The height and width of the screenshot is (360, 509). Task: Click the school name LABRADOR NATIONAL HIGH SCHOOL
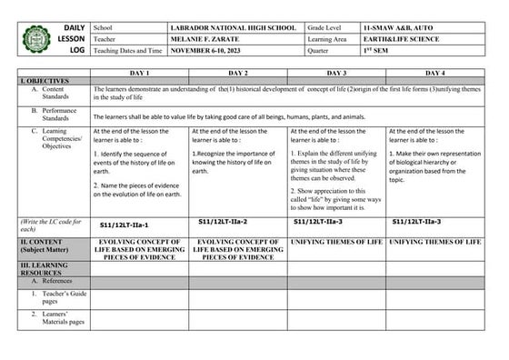click(x=233, y=28)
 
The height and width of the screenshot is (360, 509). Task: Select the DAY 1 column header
click(x=139, y=71)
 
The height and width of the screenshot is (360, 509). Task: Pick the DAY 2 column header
click(x=237, y=71)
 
